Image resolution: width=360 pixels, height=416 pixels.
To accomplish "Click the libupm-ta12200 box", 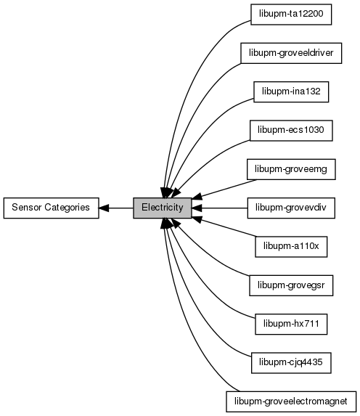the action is pos(291,15).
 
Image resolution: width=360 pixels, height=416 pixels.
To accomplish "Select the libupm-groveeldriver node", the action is pos(291,53).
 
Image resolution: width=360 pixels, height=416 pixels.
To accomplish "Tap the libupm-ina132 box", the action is pos(291,91).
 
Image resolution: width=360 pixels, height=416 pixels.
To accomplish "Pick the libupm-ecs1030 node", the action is pos(291,131).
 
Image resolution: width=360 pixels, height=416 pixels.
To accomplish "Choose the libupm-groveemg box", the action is pos(291,169).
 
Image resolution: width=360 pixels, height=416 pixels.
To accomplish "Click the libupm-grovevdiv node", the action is pos(291,208).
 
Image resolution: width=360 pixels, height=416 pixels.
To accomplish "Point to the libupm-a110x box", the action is pos(291,247).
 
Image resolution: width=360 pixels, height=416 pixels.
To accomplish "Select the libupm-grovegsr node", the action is pos(291,285).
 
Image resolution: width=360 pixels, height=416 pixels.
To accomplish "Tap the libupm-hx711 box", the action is pos(291,325).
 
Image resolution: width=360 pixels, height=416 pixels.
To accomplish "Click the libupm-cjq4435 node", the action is pos(291,363).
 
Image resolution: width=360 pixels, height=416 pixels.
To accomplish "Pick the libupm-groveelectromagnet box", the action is pos(291,401).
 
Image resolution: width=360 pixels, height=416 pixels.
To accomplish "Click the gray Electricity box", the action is pos(163,208).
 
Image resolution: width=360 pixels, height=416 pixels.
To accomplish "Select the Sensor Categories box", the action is pos(52,208).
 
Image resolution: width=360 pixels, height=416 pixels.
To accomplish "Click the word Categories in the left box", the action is pos(67,208).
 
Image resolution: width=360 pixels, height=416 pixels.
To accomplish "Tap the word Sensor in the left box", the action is pos(27,207).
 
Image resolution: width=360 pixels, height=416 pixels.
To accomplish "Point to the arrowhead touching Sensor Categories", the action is pos(104,208).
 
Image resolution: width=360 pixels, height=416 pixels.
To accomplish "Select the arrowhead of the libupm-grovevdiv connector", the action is pos(197,208).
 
